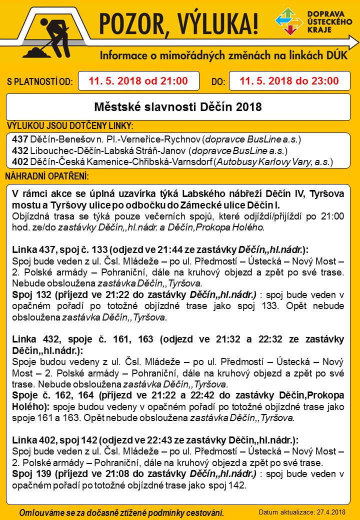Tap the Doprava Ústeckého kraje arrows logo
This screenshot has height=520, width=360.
tap(288, 22)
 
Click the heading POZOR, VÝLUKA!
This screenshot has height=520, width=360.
tap(179, 22)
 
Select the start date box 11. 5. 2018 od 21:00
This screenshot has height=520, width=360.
tap(138, 81)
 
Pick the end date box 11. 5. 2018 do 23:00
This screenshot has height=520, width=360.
tap(289, 81)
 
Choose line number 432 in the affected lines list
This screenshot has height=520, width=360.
tap(20, 150)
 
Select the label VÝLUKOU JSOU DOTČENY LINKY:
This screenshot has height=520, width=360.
tap(69, 125)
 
